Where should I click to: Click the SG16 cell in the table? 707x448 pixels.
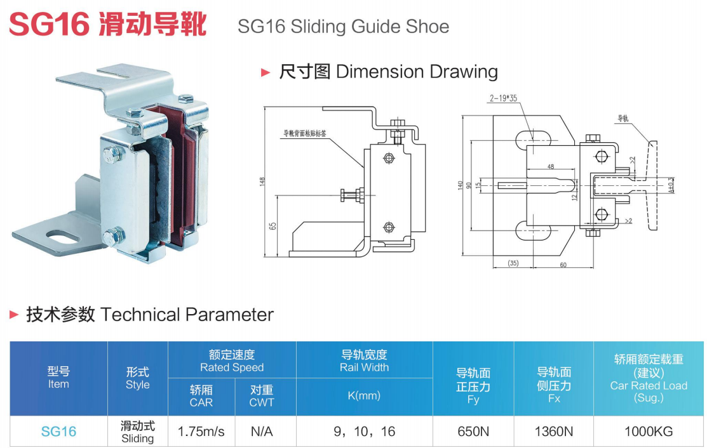click(x=58, y=432)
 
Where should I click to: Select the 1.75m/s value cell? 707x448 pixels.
click(x=201, y=432)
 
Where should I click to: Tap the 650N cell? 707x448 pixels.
click(x=473, y=432)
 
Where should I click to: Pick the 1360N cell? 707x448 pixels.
click(x=554, y=432)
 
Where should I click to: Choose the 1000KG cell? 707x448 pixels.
click(x=649, y=432)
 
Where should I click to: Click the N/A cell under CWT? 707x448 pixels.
click(x=262, y=432)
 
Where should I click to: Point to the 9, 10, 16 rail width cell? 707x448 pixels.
click(x=364, y=432)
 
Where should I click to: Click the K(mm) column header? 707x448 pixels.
click(x=364, y=395)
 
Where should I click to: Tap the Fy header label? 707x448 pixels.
click(x=473, y=400)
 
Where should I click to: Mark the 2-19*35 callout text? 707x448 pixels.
click(x=504, y=98)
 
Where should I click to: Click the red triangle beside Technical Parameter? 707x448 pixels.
click(x=14, y=314)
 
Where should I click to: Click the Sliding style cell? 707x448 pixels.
click(x=138, y=432)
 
